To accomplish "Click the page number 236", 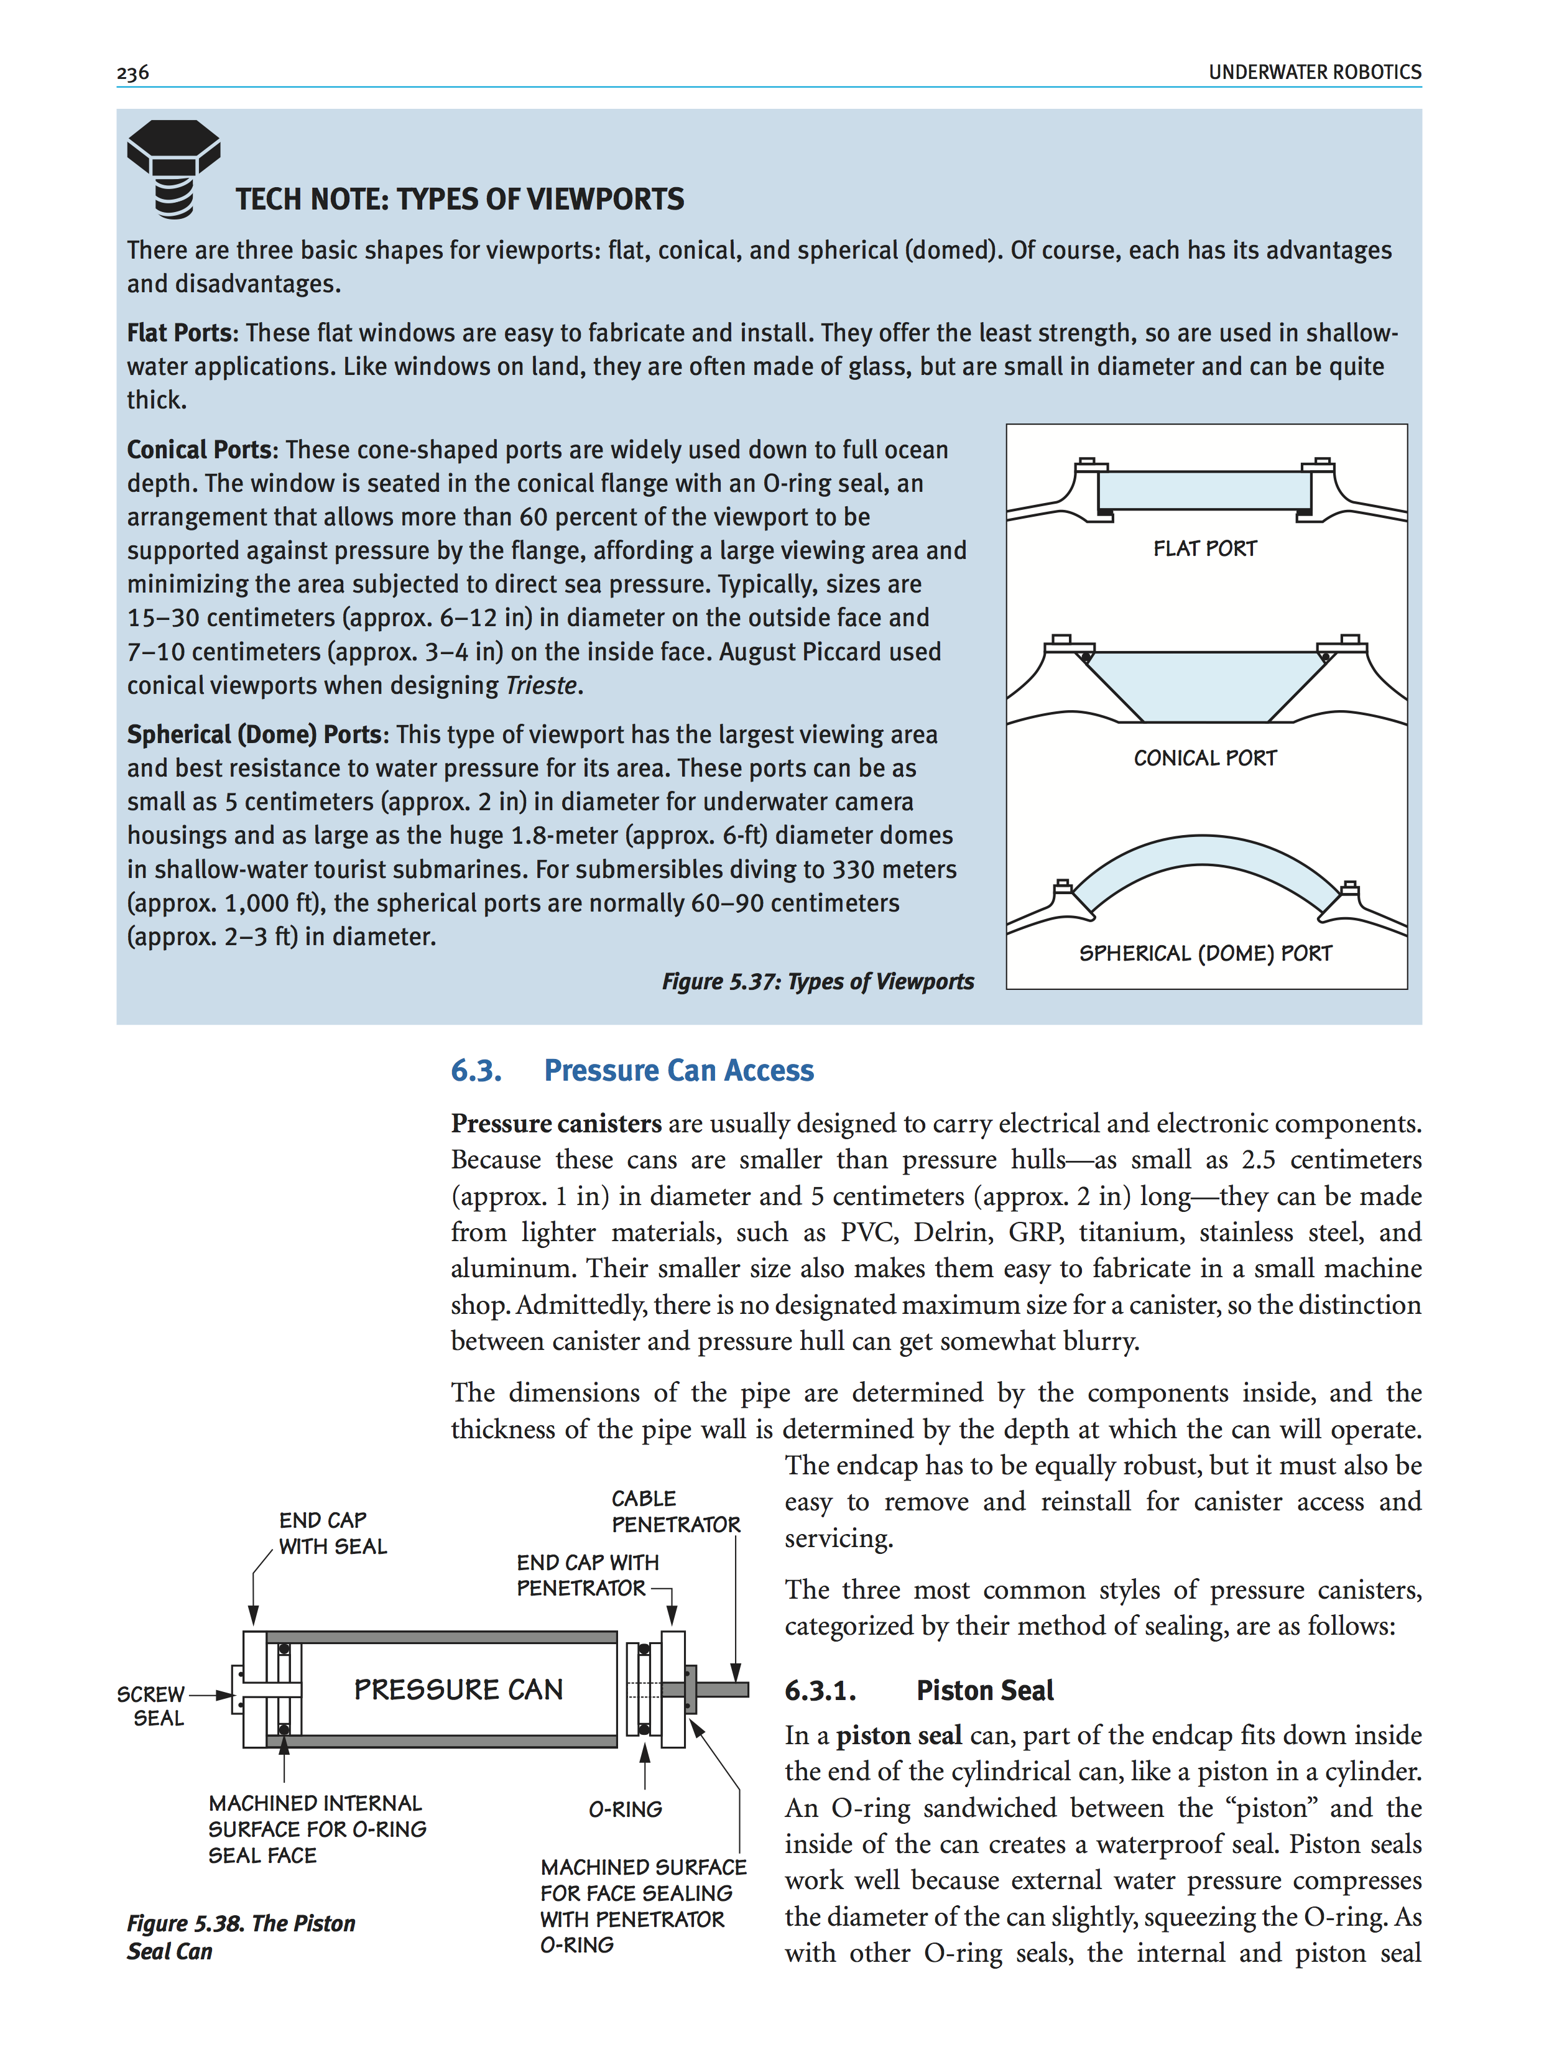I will click(133, 73).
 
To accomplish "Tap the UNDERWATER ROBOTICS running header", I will click(1314, 73).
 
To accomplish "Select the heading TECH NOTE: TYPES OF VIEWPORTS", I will click(460, 199).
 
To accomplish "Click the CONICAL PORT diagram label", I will click(1205, 758).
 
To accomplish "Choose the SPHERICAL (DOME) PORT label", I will click(1205, 953).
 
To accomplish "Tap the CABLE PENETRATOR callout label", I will click(675, 1511).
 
